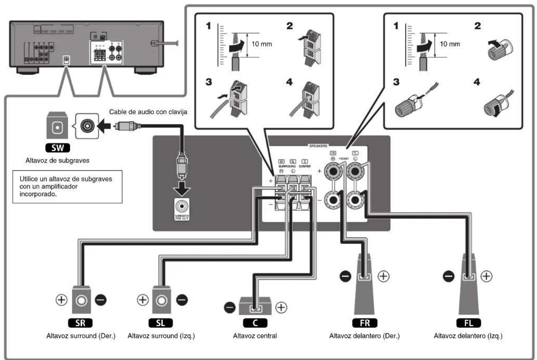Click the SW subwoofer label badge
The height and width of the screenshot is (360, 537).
click(x=57, y=148)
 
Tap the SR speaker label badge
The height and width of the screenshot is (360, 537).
click(x=80, y=323)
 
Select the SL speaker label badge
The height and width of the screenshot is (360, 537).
click(x=161, y=323)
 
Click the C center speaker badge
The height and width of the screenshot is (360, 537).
click(x=255, y=323)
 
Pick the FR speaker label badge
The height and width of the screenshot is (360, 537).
click(x=365, y=323)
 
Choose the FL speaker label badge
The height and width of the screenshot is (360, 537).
click(x=469, y=323)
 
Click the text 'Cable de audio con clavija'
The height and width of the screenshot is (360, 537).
click(x=148, y=112)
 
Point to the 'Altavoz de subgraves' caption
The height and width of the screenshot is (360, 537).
click(x=57, y=160)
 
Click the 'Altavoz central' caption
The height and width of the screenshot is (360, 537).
click(x=255, y=336)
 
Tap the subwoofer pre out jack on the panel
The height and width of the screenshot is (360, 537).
click(x=182, y=206)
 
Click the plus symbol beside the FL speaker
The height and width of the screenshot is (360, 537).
click(x=486, y=276)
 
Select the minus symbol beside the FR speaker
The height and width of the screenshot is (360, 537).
click(x=345, y=276)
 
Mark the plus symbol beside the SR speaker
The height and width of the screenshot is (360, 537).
click(x=61, y=300)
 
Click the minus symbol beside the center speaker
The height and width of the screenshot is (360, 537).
click(x=230, y=308)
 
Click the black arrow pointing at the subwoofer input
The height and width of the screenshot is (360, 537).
click(x=103, y=126)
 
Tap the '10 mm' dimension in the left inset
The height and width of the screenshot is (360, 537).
click(x=261, y=44)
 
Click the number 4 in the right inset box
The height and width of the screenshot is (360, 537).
click(x=477, y=82)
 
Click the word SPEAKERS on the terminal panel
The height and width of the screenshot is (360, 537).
click(x=318, y=146)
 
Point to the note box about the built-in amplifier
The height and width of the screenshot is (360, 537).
click(x=68, y=186)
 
